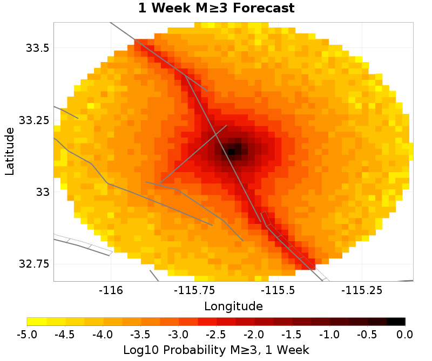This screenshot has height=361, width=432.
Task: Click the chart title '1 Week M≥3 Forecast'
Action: coord(216,8)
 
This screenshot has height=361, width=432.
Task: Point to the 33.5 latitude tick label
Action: coord(38,48)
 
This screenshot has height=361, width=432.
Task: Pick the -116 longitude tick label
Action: coord(111,290)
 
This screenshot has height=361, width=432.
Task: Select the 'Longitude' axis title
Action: coord(233,306)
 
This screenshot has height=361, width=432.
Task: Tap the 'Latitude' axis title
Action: coord(9,152)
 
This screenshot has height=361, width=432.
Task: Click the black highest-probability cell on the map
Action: coord(231,152)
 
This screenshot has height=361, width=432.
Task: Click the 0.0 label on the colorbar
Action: coord(404,335)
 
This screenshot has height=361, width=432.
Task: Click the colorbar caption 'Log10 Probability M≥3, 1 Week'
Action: coord(216,350)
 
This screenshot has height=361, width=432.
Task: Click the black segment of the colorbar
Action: coord(396,322)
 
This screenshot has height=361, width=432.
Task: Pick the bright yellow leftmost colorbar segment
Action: coord(37,322)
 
